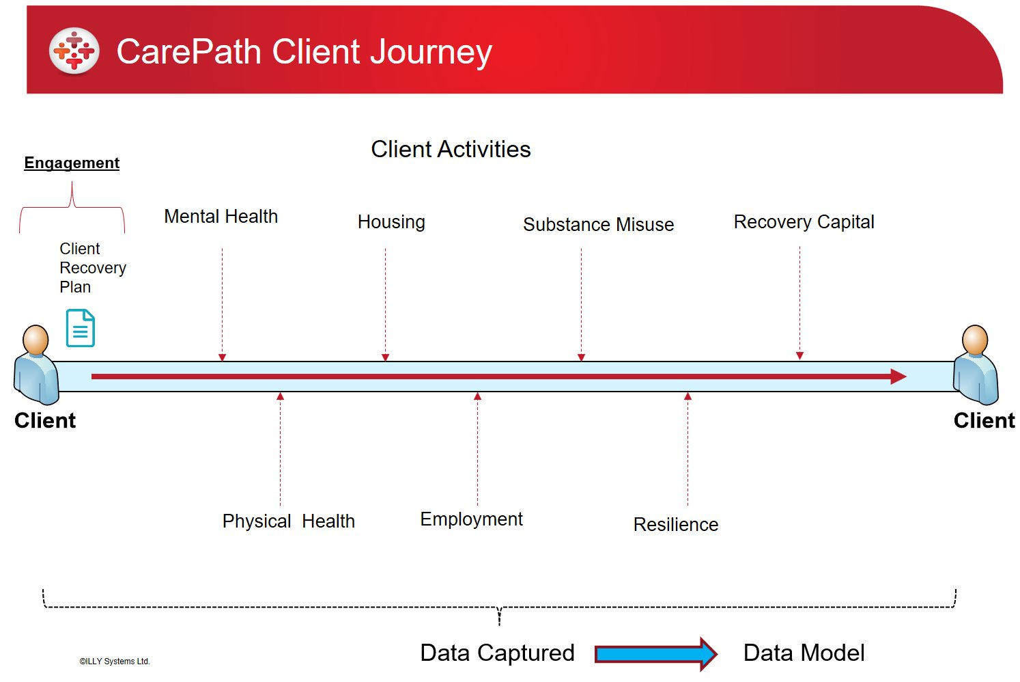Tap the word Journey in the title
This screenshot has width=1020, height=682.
point(431,53)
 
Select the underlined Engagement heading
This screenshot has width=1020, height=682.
point(72,163)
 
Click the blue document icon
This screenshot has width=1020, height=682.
point(80,328)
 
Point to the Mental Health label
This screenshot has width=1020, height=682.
point(221,216)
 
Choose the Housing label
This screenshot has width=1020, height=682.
point(391,222)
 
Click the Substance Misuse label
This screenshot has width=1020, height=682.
point(598,224)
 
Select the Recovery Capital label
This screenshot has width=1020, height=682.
point(804,222)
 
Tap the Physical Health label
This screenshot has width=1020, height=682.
point(288,521)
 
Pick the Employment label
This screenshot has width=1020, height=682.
point(471,519)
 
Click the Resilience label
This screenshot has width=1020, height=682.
point(676,524)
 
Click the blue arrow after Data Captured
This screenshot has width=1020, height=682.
point(656,654)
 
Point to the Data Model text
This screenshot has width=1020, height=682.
point(804,653)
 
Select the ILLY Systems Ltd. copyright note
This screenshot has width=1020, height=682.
point(114,661)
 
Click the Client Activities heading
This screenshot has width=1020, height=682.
point(451,149)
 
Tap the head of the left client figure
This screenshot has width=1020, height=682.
point(36,339)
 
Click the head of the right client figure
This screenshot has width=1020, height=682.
point(975,339)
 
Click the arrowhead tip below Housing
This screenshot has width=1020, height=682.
point(385,361)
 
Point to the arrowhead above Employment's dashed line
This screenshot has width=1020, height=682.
point(477,396)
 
